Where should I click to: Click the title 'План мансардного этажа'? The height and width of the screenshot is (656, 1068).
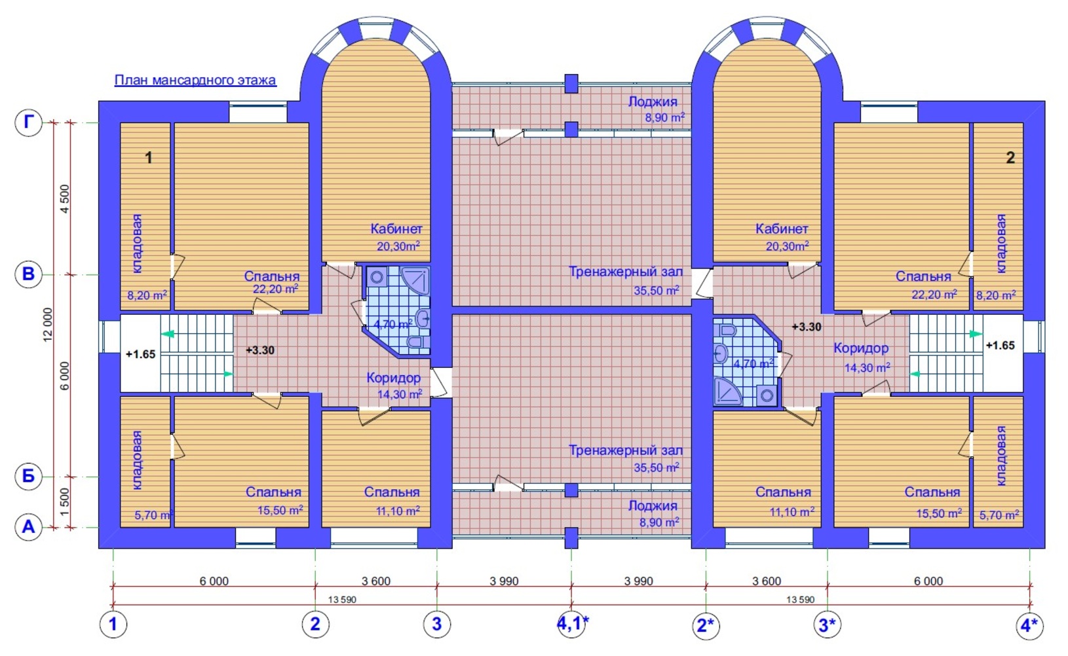pos(195,80)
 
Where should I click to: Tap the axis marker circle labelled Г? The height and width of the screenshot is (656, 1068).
pos(29,122)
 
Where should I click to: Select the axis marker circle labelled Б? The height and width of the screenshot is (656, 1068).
pos(29,477)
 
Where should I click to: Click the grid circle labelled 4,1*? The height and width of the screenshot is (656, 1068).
pos(572,623)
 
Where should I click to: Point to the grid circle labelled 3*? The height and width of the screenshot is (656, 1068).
pos(828,625)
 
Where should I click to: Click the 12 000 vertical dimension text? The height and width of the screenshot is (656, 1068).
pos(48,325)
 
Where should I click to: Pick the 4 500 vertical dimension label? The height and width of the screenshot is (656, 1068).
pos(65,198)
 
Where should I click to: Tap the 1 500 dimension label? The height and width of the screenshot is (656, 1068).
pos(65,501)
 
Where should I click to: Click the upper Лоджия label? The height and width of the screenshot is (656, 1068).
pos(652,101)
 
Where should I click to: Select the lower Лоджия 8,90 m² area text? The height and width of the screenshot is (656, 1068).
pos(659,522)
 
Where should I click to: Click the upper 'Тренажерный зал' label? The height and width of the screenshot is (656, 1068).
pos(626,272)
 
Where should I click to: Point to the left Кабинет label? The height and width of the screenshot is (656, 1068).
pos(396,229)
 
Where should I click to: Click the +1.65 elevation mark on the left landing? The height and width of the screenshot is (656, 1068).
pos(140,354)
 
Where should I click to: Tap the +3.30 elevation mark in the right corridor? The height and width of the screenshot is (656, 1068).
pos(807,327)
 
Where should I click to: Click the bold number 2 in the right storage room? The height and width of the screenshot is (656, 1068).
pos(1010,158)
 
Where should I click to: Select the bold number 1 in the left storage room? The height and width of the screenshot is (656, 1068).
pos(149,158)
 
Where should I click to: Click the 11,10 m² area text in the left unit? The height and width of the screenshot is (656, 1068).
pos(398,511)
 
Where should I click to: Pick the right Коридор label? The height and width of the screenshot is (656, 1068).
pos(860,348)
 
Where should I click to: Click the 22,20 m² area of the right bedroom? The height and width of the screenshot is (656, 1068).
pos(934,295)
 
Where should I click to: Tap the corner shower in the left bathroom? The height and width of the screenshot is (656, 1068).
pos(415,281)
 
